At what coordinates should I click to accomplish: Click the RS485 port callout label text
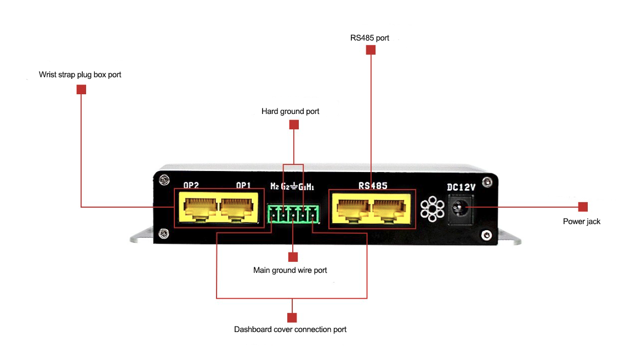(x=370, y=38)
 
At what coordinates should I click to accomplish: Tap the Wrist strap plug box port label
(x=80, y=75)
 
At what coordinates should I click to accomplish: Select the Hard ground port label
(x=290, y=111)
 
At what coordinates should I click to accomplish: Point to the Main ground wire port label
(x=290, y=270)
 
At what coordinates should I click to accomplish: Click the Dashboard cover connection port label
(x=290, y=329)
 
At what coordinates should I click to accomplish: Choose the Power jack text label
(x=582, y=221)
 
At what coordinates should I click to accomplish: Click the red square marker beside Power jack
(x=583, y=207)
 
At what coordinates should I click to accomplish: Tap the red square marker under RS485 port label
(x=371, y=50)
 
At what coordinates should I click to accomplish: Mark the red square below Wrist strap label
(x=81, y=89)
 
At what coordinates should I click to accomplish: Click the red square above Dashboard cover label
(x=292, y=318)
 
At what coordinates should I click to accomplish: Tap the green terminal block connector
(x=293, y=214)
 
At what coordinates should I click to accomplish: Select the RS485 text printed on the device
(x=373, y=185)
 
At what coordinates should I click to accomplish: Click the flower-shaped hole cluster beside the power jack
(x=432, y=209)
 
